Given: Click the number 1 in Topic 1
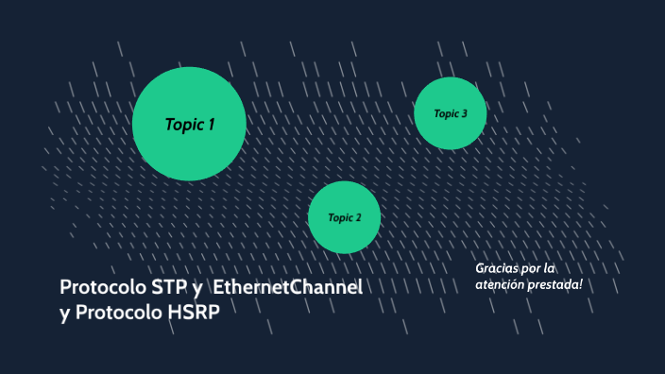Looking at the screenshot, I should tap(212, 124).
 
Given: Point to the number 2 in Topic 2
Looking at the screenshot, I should tap(358, 218).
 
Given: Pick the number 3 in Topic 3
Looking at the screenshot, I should tap(464, 114).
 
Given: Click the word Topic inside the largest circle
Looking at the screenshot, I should tap(183, 124).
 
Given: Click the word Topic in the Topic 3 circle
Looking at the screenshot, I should tap(445, 114).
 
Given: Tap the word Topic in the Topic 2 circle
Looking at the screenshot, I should tap(339, 218).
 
